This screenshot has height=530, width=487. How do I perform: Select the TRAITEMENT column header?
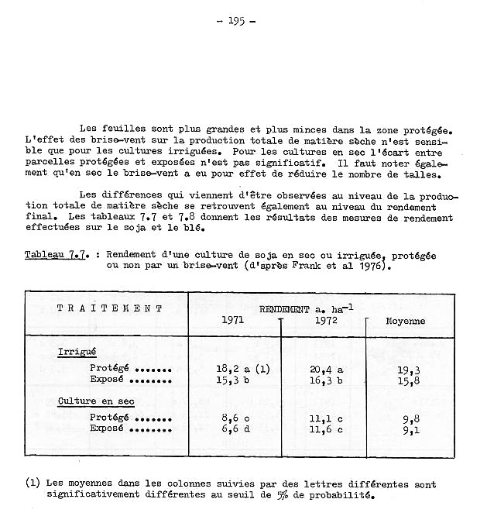[110, 308]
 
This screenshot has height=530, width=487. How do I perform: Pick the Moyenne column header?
[405, 321]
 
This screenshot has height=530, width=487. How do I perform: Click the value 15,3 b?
[234, 380]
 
